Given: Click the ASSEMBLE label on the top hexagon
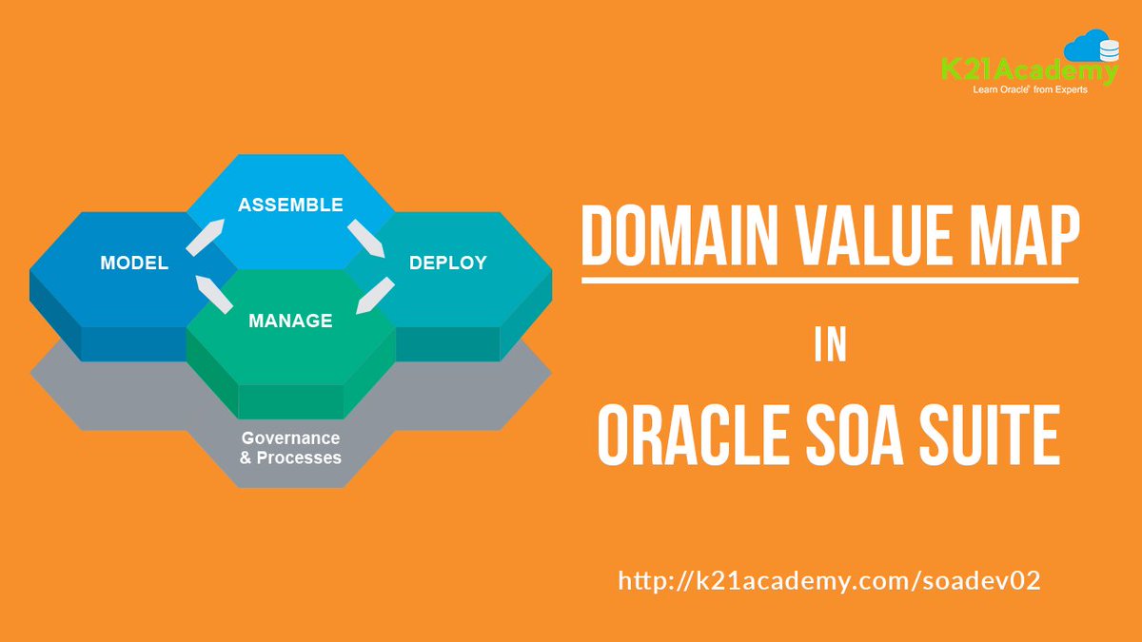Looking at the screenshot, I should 290,204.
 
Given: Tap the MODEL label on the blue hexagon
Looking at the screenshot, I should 134,263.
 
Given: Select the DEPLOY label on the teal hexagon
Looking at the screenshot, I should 447,263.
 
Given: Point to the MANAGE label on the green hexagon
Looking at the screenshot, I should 290,321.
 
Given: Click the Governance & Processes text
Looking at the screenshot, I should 290,448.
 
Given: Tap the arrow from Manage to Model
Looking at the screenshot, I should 213,294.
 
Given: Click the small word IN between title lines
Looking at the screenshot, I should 830,346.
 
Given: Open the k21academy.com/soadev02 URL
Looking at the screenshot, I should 829,580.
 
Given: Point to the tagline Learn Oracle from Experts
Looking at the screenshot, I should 1029,90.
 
